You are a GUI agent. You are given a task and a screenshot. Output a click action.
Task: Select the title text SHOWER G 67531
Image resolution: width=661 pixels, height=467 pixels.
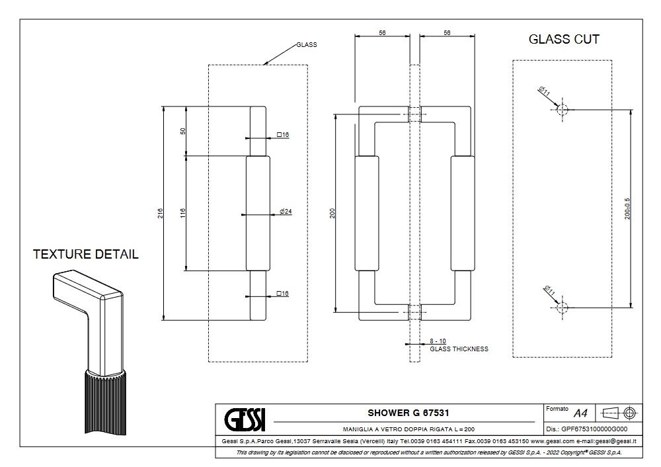(404, 413)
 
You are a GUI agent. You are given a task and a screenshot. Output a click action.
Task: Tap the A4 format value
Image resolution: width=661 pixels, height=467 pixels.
(580, 413)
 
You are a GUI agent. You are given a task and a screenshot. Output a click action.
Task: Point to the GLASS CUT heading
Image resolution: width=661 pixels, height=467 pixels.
(564, 39)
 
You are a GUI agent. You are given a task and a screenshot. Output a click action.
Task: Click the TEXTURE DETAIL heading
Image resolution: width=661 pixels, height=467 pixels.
(86, 254)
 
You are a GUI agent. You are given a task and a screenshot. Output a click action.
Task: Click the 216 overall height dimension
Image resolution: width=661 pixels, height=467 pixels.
(161, 213)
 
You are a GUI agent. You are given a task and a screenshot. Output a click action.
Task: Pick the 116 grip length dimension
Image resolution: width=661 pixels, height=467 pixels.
(182, 213)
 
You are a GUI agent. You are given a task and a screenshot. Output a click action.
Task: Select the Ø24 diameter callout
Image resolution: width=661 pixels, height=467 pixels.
(286, 212)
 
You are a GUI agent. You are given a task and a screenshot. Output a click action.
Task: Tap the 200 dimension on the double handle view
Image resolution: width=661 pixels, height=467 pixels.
(332, 213)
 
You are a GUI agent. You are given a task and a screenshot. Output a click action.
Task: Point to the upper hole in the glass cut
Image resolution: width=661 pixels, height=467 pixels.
(563, 109)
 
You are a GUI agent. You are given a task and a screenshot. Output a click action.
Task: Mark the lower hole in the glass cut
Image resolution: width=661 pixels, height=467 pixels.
(563, 308)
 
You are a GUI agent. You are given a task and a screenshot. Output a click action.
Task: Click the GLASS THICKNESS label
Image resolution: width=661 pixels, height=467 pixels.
(459, 349)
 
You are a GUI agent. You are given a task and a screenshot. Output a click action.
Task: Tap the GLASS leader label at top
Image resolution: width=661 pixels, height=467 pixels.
(306, 45)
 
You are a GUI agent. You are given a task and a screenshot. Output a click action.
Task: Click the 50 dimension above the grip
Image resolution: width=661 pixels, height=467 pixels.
(182, 130)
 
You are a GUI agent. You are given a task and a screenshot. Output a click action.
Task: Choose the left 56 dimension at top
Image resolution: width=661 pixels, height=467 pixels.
(382, 32)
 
